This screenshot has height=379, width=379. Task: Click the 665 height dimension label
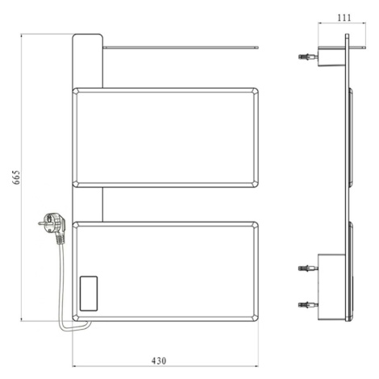point(16,177)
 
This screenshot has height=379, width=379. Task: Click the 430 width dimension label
point(159,360)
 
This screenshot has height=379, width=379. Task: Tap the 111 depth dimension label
point(344,18)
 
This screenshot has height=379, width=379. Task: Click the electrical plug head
point(52,223)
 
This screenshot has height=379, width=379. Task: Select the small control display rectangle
point(89,294)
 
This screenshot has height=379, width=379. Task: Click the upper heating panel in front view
point(165,137)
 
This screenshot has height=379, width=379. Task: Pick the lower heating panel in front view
point(165,272)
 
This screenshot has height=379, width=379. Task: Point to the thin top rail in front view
point(181,48)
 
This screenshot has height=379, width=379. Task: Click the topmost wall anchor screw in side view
point(308,56)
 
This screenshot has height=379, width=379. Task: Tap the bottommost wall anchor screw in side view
point(308,305)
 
